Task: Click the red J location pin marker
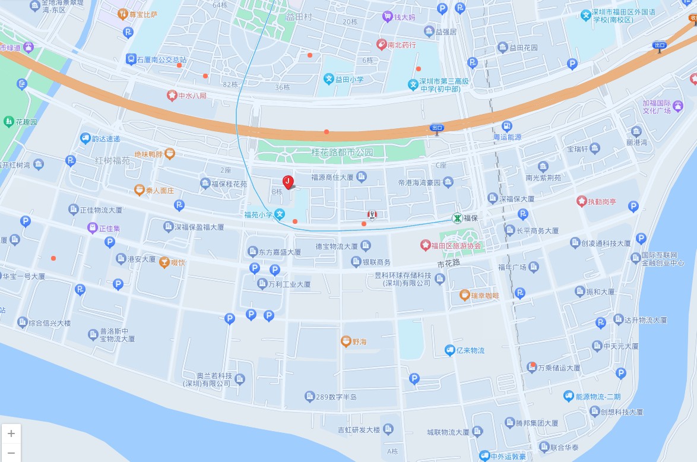click(288, 182)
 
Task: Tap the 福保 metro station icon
click(457, 218)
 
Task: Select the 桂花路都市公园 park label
click(343, 153)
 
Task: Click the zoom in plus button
click(11, 433)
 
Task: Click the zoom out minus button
click(11, 452)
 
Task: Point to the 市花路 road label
click(449, 263)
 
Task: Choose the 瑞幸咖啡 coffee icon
click(464, 295)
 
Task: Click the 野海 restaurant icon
click(346, 341)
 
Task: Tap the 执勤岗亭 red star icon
click(581, 201)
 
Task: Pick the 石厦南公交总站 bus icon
click(131, 59)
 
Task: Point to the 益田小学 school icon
click(328, 78)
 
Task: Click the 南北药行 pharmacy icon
click(381, 44)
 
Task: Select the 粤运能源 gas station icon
click(506, 126)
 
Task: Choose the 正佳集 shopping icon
click(92, 227)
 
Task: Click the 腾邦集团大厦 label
click(537, 423)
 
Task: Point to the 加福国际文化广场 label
click(657, 107)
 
